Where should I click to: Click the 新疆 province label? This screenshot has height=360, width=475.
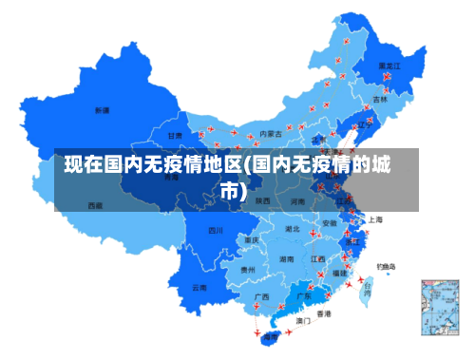pos(102,110)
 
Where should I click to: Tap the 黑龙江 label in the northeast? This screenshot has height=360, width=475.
pos(390,66)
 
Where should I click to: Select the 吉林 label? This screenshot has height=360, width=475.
pos(380,99)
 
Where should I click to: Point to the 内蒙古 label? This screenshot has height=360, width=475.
pos(271,133)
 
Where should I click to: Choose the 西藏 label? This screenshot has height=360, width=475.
pos(95,205)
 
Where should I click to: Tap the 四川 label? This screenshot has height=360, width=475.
pos(216,230)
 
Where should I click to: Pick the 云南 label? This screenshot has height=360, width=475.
pos(199,287)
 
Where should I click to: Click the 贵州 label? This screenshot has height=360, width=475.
pos(247,270)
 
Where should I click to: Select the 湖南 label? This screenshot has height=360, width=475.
pos(286,258)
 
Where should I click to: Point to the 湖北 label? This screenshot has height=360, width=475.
pos(293,229)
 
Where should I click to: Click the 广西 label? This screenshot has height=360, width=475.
pos(261,296)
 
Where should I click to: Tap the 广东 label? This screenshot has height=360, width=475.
pos(304,296)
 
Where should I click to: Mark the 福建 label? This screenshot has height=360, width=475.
pos(339,274)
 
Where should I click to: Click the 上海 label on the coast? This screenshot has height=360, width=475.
pos(375,219)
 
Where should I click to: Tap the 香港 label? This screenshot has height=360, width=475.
pos(324,313)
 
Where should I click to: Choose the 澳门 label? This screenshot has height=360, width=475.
pos(303,321)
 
